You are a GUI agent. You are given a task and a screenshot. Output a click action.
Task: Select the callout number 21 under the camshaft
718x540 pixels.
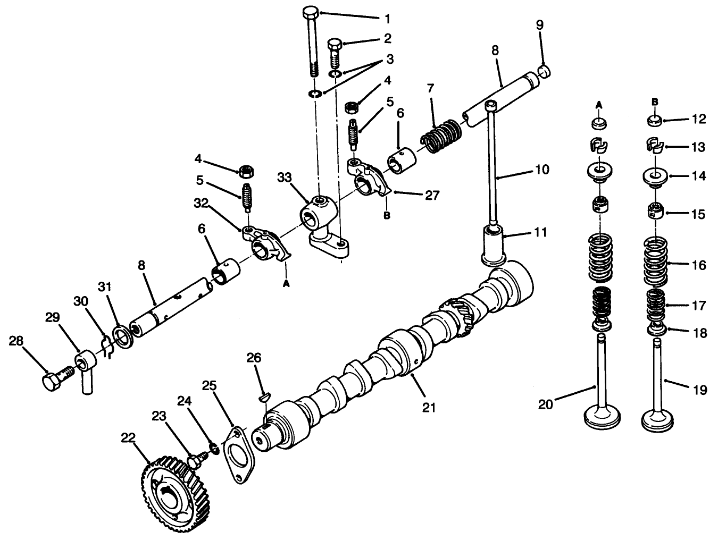[429, 407]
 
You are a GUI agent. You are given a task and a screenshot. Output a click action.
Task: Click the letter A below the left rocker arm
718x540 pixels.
[286, 284]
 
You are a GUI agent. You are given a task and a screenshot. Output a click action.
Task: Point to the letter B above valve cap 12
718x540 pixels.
[655, 102]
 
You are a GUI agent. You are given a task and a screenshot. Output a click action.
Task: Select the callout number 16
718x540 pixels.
[700, 265]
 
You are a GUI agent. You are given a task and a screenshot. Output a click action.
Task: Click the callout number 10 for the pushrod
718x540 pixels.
[542, 170]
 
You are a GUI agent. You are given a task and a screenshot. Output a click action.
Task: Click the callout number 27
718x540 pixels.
[432, 195]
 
